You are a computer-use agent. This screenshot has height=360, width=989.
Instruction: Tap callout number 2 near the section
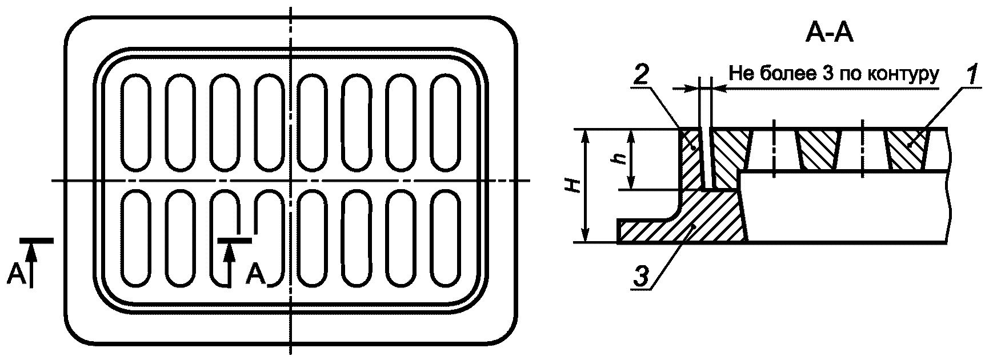point(643,77)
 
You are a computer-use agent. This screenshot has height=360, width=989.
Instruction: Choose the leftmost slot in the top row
point(136,123)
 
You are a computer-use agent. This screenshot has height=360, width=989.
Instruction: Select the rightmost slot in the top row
point(446,123)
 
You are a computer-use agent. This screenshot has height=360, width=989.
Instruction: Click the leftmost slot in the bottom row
point(136,237)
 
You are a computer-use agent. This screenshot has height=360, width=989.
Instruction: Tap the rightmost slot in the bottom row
point(446,237)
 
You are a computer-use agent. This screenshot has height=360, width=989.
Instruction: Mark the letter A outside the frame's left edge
point(17,275)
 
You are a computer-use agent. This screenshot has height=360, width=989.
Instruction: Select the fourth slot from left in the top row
point(269,123)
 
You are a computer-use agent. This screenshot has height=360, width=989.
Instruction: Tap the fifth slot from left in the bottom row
point(313,237)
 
